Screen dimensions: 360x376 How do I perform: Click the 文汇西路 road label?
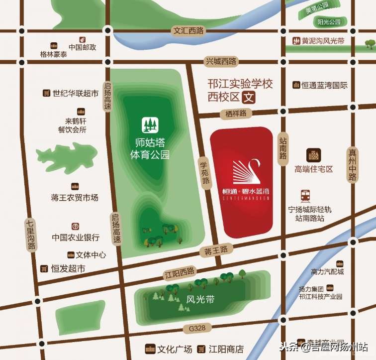[188, 31]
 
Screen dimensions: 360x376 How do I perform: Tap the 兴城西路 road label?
[221, 61]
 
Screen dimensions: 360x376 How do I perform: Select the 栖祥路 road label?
[235, 114]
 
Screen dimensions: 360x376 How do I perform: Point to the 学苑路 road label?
[205, 172]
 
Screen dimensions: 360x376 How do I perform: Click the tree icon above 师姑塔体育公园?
[149, 123]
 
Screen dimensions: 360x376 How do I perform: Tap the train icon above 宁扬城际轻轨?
[305, 195]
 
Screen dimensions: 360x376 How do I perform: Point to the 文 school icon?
[248, 97]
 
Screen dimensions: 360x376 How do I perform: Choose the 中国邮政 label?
[82, 48]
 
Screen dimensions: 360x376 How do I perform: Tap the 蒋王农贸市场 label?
[75, 198]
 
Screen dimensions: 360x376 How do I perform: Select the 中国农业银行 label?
[76, 238]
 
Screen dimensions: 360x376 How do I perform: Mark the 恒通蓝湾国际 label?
[324, 85]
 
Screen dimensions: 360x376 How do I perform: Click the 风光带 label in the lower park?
[200, 300]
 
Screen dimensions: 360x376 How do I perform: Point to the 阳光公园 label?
[329, 22]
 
